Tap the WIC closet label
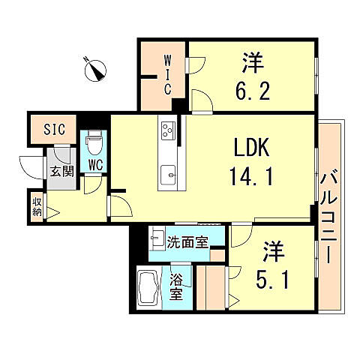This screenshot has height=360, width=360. (167, 73)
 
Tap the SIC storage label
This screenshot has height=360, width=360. (54, 130)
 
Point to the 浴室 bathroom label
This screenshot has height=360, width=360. (177, 284)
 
